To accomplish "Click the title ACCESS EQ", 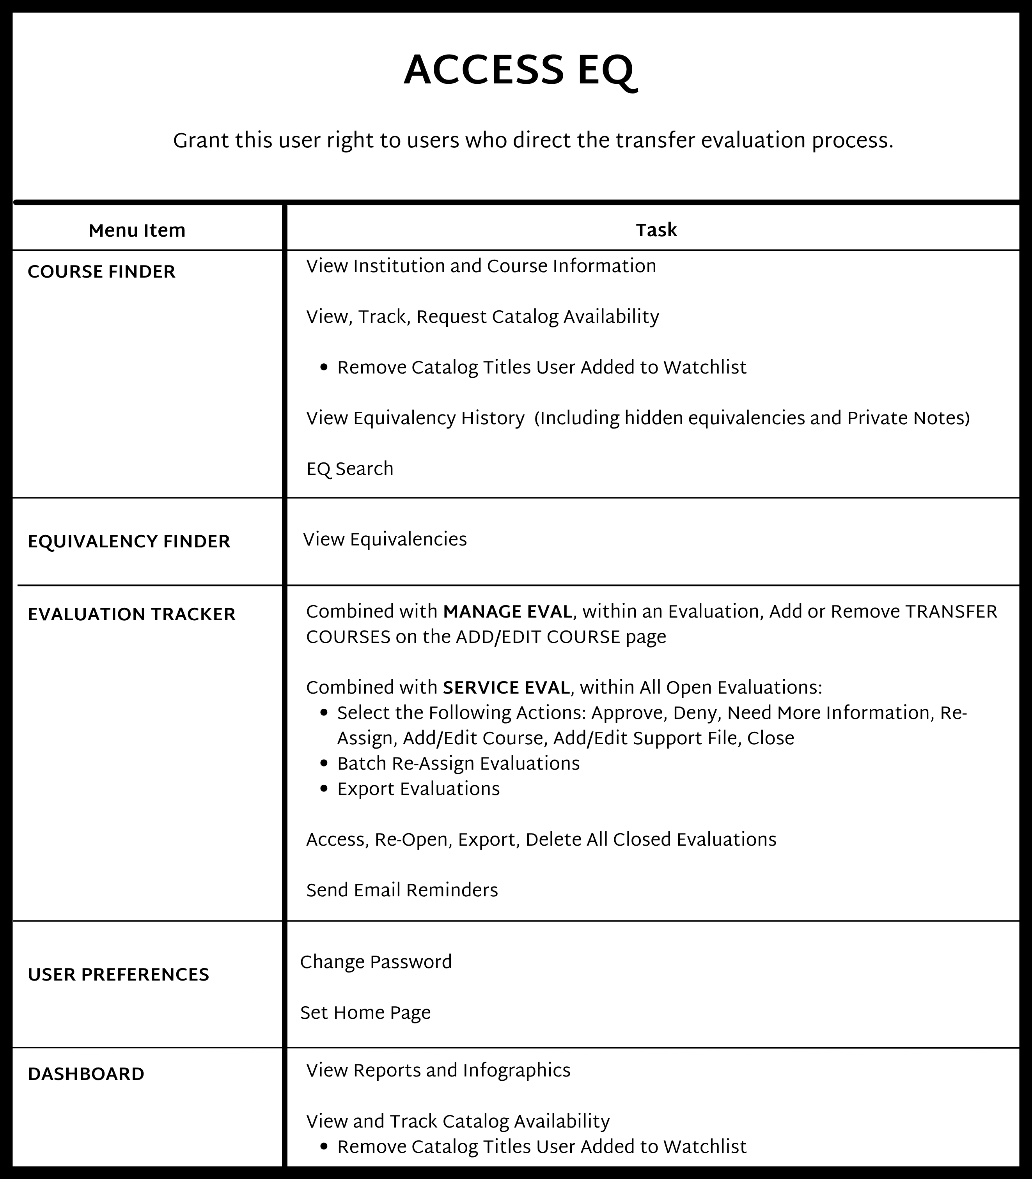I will pos(518,71).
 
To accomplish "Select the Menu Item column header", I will pos(137,231).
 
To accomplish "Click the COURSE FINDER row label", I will pos(101,272).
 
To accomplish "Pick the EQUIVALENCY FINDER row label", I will pos(129,542).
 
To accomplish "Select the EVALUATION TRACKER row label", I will pos(132,615).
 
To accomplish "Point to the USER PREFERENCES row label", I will pos(118,975).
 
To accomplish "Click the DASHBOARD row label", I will pos(86,1074).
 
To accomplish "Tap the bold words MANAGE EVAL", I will pos(507,612).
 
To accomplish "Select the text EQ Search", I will pos(349,469).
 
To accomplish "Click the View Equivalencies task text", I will pos(385,540).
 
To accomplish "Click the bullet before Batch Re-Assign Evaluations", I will pos(324,764).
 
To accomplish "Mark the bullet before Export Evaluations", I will pos(324,789).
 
